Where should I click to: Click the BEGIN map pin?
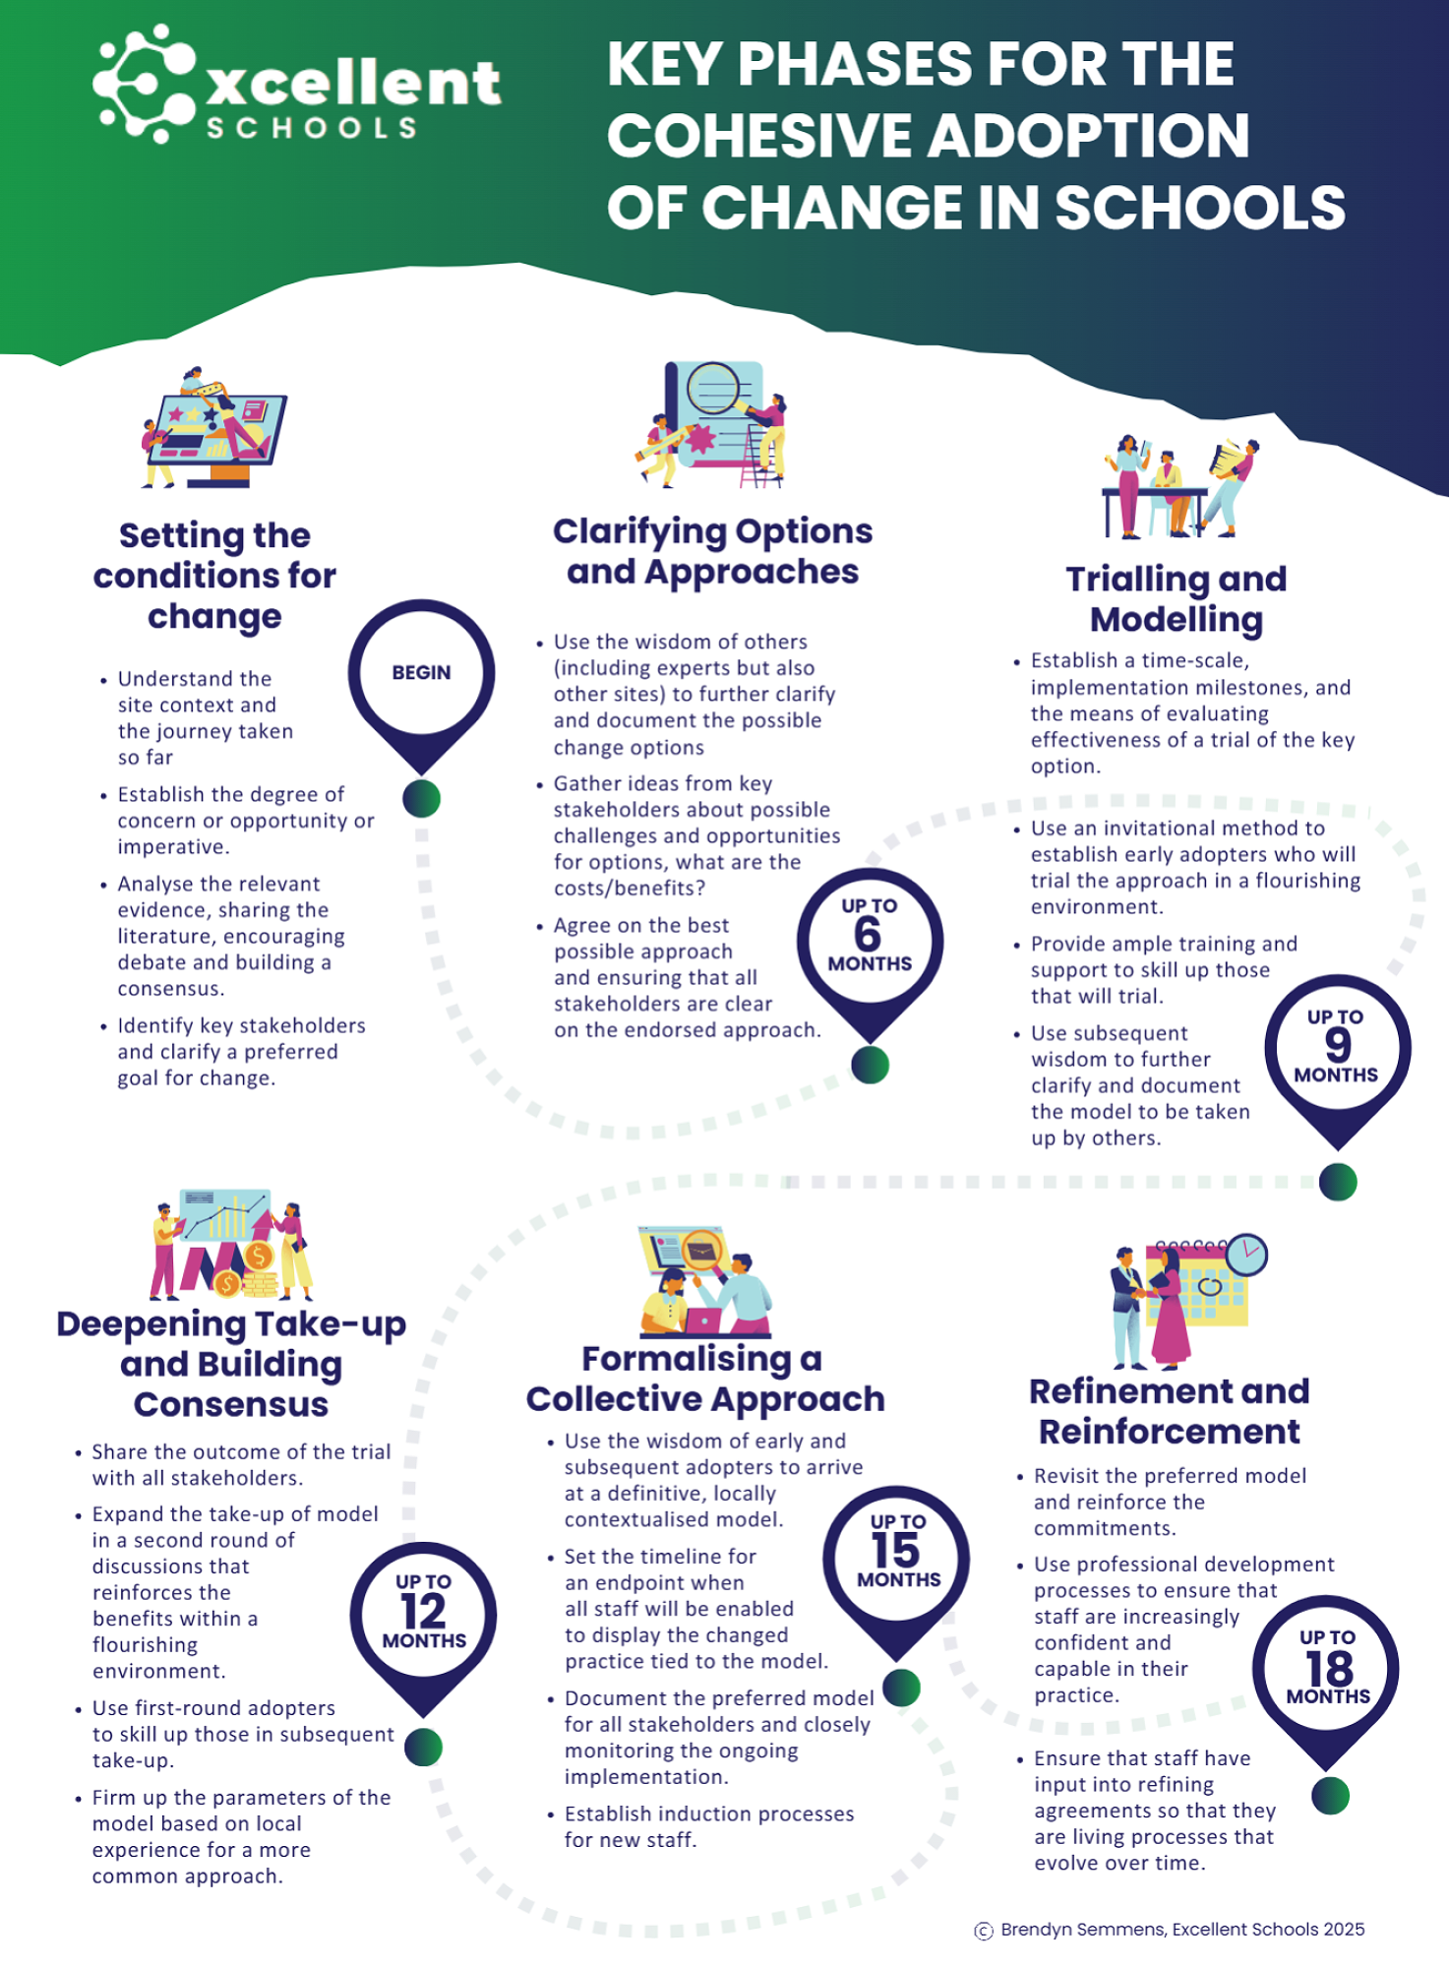tap(421, 673)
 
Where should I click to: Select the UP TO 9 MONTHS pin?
tap(1337, 1047)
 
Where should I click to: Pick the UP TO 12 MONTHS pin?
tap(423, 1614)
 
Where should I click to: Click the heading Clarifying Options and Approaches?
tap(712, 551)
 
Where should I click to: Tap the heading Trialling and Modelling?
tap(1177, 598)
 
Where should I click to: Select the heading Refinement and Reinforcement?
tap(1170, 1411)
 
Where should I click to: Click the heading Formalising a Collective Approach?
tap(705, 1379)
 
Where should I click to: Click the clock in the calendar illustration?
tap(1246, 1254)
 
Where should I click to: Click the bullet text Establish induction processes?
tap(708, 1826)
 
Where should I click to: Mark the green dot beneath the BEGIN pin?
tap(421, 798)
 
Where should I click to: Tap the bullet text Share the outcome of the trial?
tap(241, 1464)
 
